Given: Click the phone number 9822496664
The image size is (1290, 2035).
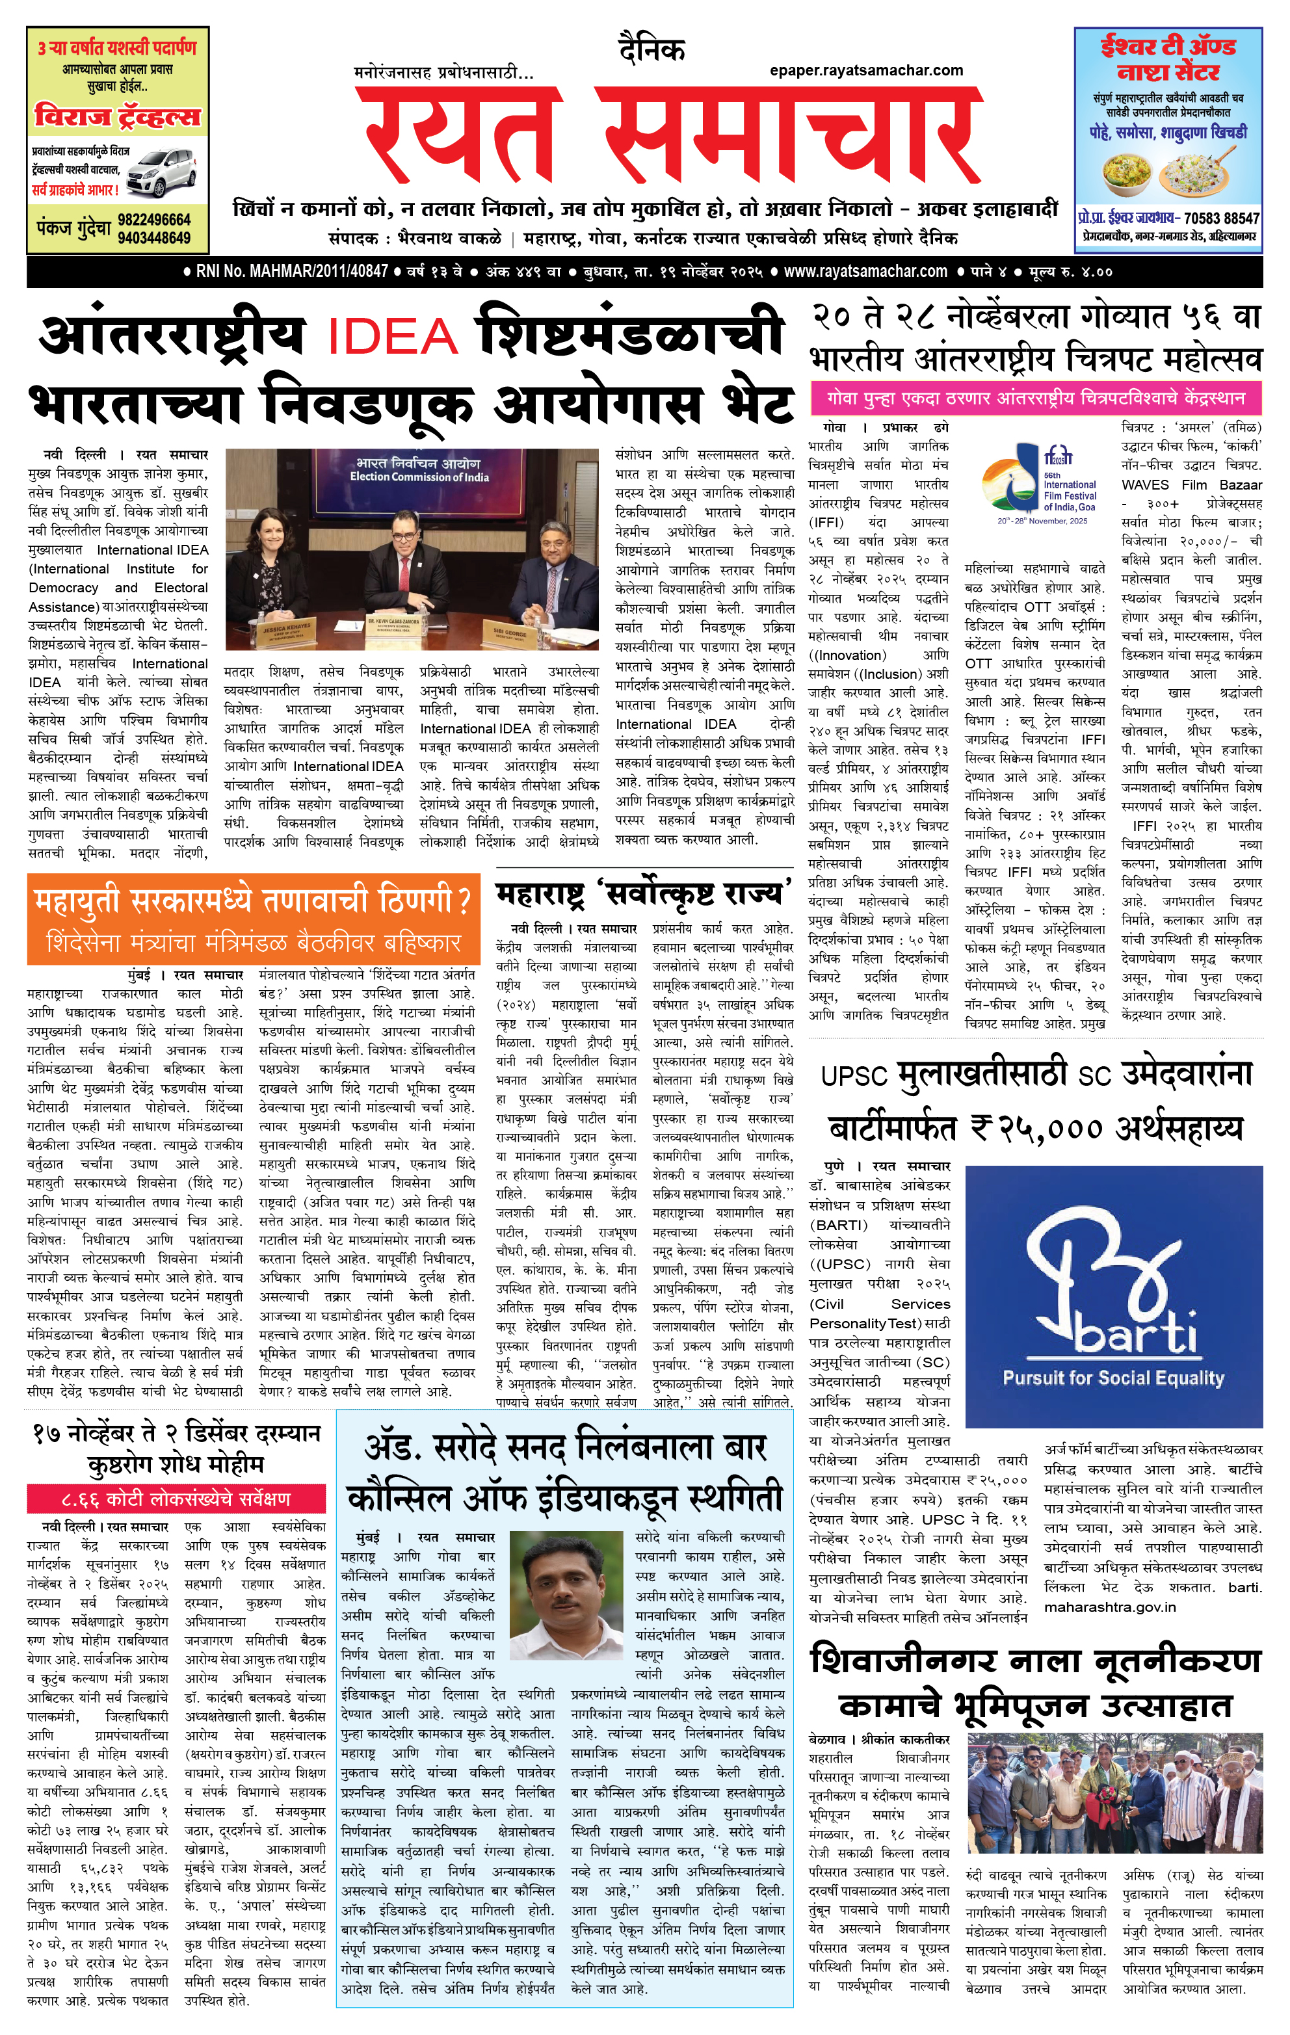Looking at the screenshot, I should click(154, 220).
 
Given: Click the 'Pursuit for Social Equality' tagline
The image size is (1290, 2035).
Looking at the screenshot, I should click(1112, 1378).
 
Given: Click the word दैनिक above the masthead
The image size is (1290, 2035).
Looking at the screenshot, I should click(651, 51).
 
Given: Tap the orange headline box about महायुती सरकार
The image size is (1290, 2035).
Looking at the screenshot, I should click(253, 919).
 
